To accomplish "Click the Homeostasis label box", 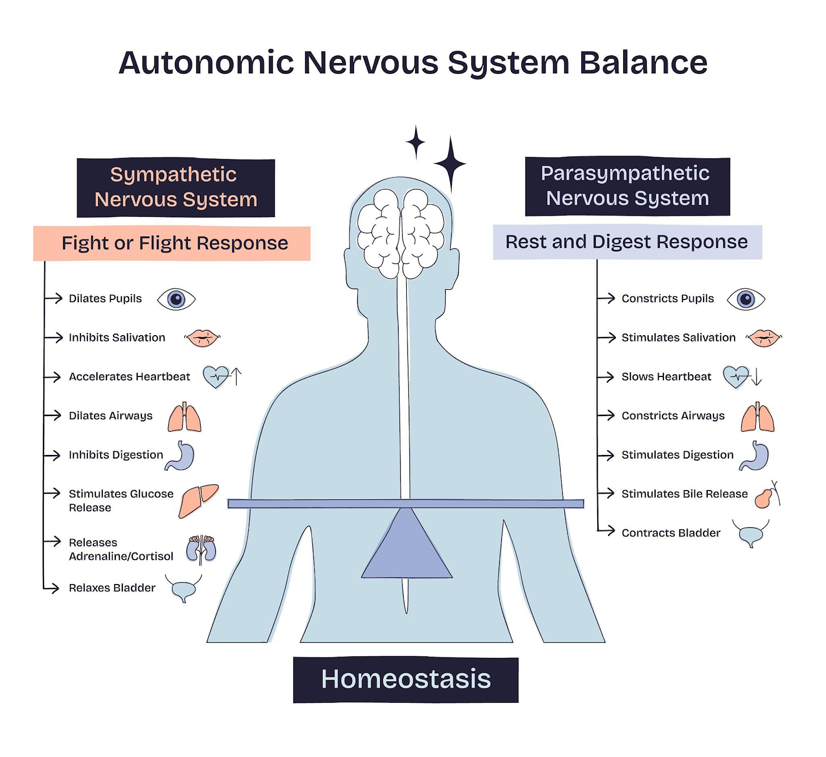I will (x=406, y=680).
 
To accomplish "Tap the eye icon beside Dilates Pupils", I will (x=176, y=299).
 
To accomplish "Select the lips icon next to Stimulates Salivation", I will (x=764, y=338).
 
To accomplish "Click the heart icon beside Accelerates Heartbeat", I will (x=216, y=376).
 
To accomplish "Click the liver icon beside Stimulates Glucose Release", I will (x=198, y=499).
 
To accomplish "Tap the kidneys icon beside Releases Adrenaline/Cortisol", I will (x=201, y=549).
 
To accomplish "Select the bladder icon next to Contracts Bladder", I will (x=751, y=534).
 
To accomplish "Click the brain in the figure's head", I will (x=401, y=232).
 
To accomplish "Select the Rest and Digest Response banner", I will (x=627, y=242).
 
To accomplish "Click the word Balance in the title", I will (x=643, y=63).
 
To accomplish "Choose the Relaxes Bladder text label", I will (x=112, y=588).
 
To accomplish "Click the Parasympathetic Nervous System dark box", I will (x=627, y=186).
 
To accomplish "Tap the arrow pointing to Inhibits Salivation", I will (x=54, y=338).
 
